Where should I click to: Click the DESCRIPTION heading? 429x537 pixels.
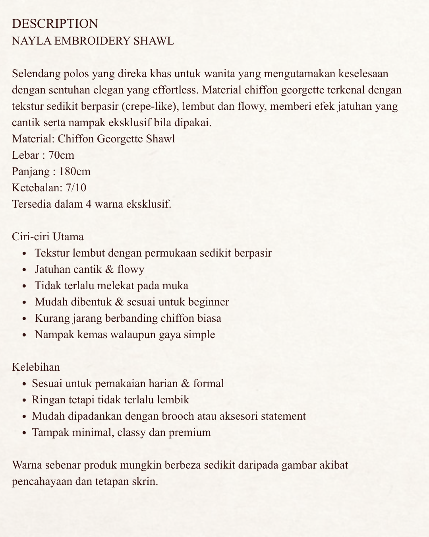pyautogui.click(x=55, y=24)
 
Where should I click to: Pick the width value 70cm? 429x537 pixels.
pyautogui.click(x=61, y=155)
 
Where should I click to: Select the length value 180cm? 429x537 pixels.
pyautogui.click(x=75, y=171)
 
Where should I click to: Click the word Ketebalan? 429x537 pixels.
pyautogui.click(x=35, y=188)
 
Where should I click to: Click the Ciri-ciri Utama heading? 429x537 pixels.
pyautogui.click(x=48, y=237)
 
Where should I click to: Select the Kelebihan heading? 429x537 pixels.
pyautogui.click(x=36, y=367)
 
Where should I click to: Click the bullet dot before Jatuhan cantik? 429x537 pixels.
pyautogui.click(x=25, y=270)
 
